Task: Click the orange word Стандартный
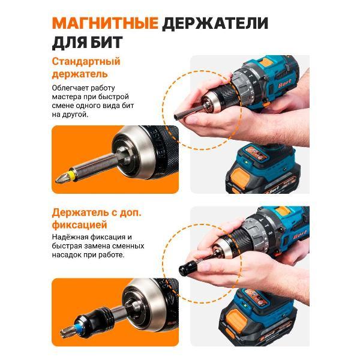[x=86, y=62]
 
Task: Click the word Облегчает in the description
[x=71, y=87]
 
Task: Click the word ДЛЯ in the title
[x=71, y=43]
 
